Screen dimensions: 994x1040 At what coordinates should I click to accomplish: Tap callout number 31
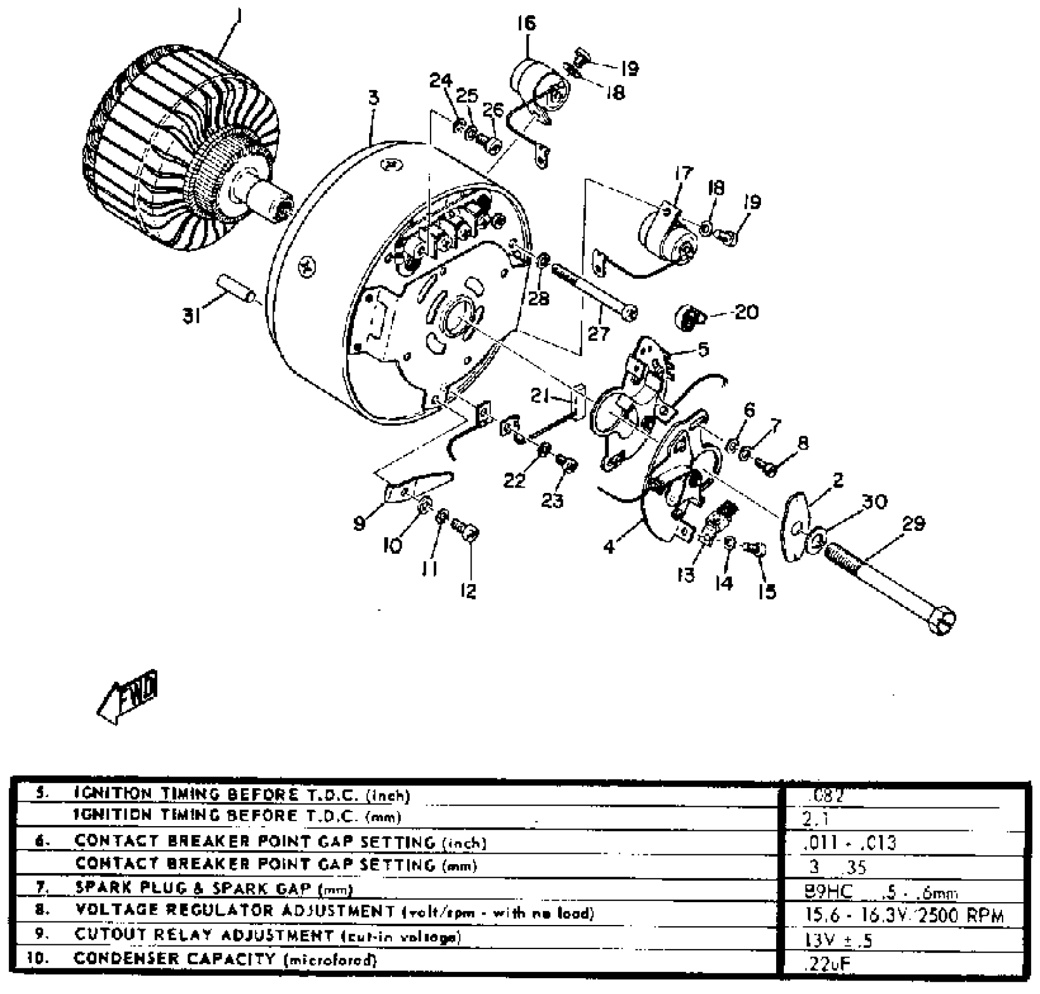tap(191, 317)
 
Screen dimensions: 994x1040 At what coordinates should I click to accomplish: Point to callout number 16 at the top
tap(526, 24)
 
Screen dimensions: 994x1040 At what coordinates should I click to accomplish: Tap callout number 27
tap(598, 334)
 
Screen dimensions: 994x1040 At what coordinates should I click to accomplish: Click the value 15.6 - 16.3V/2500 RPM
tap(904, 915)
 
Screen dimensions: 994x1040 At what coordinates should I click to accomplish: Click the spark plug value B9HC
tap(829, 892)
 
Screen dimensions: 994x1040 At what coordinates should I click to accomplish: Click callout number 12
tap(469, 591)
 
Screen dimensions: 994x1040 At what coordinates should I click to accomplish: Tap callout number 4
tap(609, 547)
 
